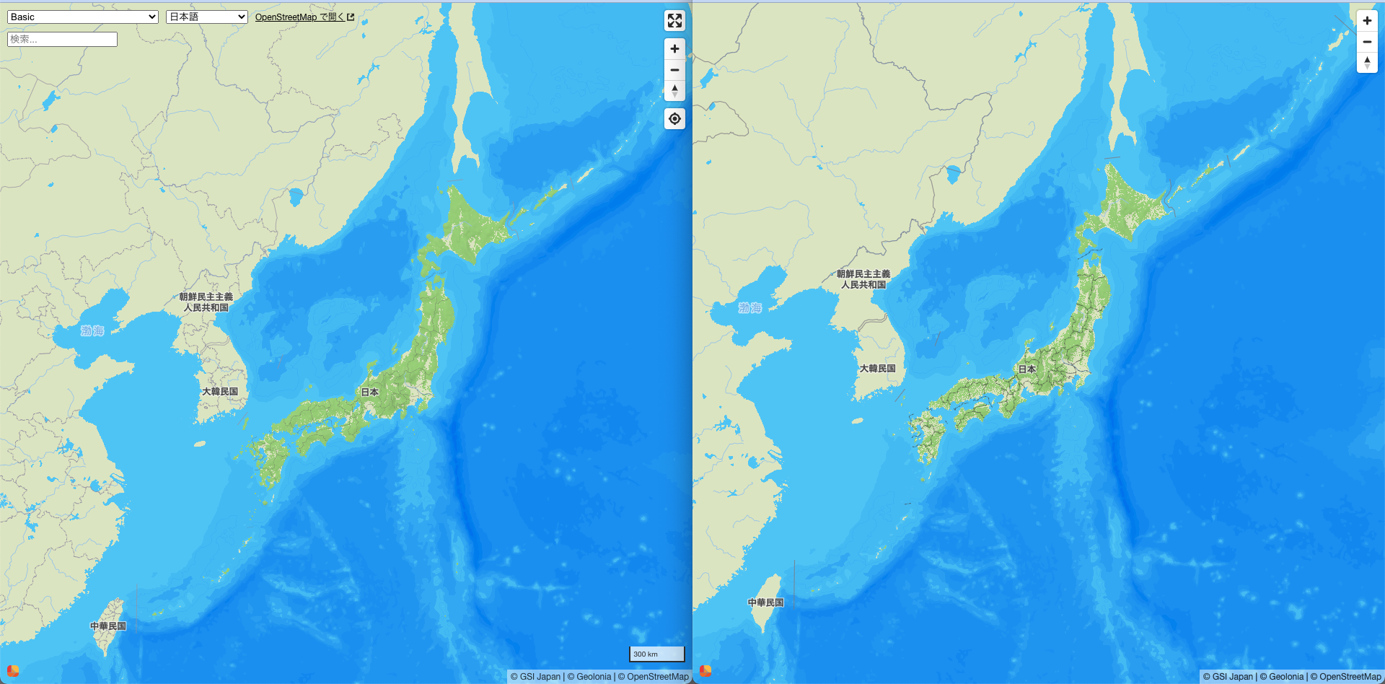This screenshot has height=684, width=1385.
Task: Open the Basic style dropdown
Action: point(82,17)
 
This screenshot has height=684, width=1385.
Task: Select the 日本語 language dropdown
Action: point(206,17)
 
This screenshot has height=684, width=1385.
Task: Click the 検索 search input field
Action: point(62,39)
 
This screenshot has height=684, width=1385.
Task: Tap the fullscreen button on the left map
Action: point(674,20)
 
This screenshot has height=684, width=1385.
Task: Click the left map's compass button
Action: point(674,91)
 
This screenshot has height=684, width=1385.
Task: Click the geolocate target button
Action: point(674,119)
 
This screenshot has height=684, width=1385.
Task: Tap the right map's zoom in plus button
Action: point(1367,20)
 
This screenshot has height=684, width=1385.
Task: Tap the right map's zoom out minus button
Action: point(1367,42)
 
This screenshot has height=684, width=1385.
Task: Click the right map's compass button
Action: point(1367,63)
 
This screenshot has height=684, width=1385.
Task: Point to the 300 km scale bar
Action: point(656,654)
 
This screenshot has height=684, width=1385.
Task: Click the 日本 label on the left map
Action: point(369,392)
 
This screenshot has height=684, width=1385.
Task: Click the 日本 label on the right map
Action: point(1026,369)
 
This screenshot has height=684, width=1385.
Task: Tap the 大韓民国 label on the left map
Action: point(220,391)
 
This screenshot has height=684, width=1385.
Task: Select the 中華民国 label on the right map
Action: point(765,602)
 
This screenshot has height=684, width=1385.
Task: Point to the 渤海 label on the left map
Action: point(92,330)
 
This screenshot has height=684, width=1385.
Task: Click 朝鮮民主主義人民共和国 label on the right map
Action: point(863,279)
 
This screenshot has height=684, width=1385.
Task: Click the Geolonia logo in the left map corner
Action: point(12,670)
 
